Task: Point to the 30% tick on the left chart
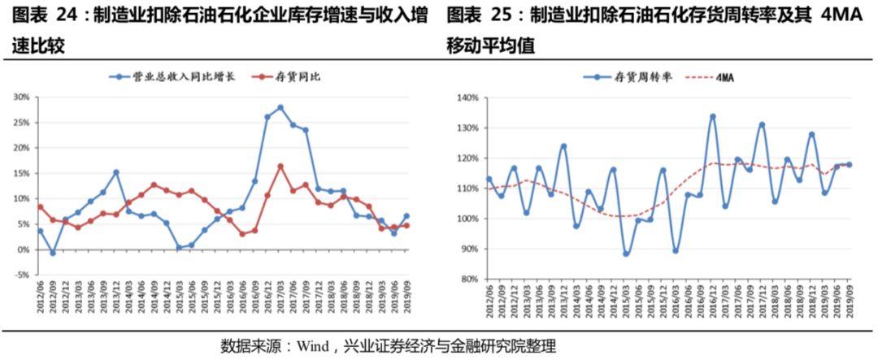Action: [x=21, y=97]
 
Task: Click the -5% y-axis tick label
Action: [x=21, y=275]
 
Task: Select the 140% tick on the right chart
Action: [x=468, y=98]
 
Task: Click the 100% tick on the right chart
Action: [x=468, y=219]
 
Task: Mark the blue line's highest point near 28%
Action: [x=280, y=107]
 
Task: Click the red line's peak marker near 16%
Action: [x=280, y=167]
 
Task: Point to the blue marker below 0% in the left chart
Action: [x=53, y=253]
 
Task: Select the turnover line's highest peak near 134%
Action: [x=712, y=116]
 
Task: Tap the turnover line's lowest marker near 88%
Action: [x=625, y=254]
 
